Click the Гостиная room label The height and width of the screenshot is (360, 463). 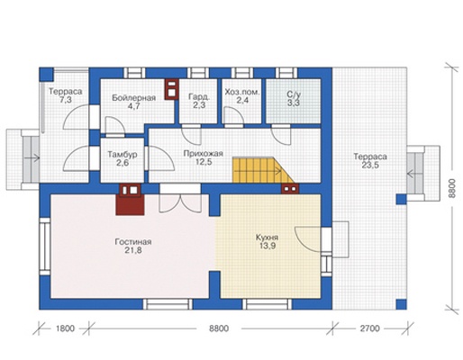133,241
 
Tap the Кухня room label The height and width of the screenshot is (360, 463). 267,238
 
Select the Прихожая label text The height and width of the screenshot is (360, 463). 204,154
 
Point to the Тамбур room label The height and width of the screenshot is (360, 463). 123,155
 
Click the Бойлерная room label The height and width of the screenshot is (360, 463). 134,98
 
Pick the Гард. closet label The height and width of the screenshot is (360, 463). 198,97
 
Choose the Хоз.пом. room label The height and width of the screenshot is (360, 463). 242,92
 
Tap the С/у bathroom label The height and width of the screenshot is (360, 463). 294,94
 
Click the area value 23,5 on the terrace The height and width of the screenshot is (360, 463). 370,165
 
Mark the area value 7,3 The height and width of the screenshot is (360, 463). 66,100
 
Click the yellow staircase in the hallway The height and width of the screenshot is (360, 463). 259,170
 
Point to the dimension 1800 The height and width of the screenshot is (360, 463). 65,328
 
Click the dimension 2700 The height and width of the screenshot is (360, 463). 370,328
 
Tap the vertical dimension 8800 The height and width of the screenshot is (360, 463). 452,188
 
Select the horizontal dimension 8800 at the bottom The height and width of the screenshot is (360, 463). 219,328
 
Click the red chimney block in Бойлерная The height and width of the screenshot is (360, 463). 171,89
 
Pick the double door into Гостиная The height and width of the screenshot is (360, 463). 180,202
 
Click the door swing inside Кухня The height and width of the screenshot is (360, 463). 308,238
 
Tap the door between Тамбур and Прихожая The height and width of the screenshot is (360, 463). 160,158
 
